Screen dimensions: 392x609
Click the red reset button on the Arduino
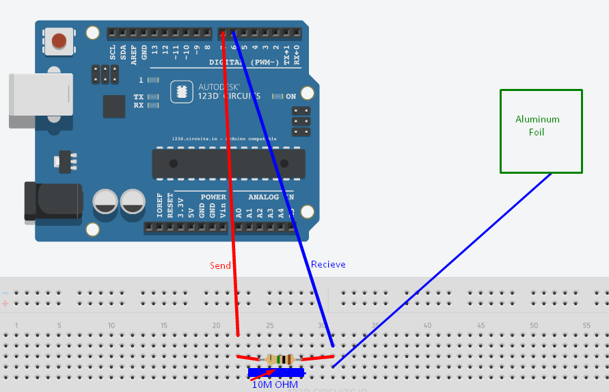pyautogui.click(x=59, y=41)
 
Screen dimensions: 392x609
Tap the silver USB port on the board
pyautogui.click(x=40, y=101)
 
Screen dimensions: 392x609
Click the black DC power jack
pyautogui.click(x=52, y=201)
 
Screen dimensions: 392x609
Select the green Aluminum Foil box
pyautogui.click(x=541, y=131)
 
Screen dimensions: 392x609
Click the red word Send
pyautogui.click(x=220, y=265)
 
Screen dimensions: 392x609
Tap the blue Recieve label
pyautogui.click(x=328, y=265)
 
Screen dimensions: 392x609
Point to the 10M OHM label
pyautogui.click(x=275, y=385)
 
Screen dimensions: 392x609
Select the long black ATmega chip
pyautogui.click(x=228, y=163)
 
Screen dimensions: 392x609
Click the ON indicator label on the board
pyautogui.click(x=290, y=96)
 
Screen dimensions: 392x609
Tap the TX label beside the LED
pyautogui.click(x=139, y=97)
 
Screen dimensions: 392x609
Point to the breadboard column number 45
pyautogui.click(x=481, y=326)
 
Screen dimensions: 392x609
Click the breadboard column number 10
pyautogui.click(x=111, y=326)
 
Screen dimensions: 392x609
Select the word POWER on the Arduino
pyautogui.click(x=213, y=197)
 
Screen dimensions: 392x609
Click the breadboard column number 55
pyautogui.click(x=586, y=326)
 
